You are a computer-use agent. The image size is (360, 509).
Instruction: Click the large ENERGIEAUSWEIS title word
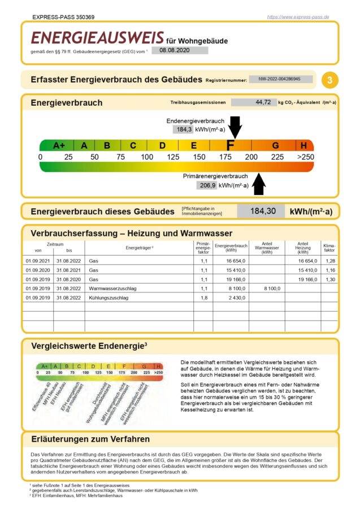[x=97, y=38]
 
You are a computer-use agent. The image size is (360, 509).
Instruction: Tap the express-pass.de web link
[x=298, y=17]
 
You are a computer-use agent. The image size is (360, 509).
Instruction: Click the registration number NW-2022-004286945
[x=281, y=80]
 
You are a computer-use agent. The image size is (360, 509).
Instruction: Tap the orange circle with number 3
[x=330, y=80]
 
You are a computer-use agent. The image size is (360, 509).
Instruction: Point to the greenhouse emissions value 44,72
[x=263, y=102]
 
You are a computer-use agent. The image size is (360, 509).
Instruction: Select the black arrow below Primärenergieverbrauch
[x=259, y=184]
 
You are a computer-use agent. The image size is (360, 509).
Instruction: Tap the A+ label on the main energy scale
[x=59, y=145]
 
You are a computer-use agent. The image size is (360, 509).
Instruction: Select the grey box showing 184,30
[x=262, y=211]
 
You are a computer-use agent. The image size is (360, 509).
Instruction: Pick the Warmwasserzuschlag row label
[x=113, y=288]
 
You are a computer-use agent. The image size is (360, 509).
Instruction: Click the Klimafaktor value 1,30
[x=330, y=279]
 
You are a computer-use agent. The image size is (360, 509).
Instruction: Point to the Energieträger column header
[x=140, y=248]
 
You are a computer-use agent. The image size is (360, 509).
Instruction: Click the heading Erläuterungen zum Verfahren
[x=90, y=439]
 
